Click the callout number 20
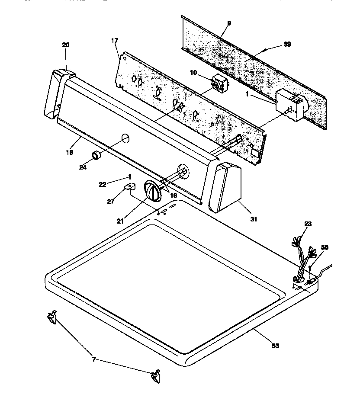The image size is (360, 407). click(x=66, y=45)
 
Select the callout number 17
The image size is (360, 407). click(x=115, y=41)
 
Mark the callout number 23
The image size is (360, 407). click(x=308, y=224)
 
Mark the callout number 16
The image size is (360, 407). click(x=173, y=195)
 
